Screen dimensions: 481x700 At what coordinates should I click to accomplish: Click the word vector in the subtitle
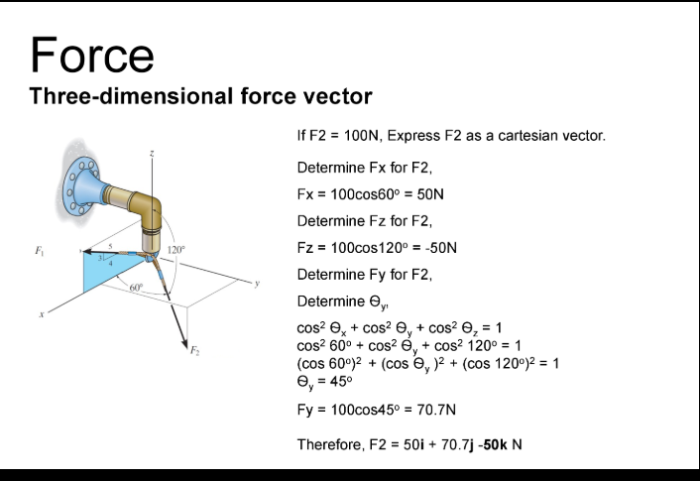pyautogui.click(x=337, y=96)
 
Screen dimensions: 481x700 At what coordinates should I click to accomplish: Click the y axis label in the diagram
pyautogui.click(x=256, y=283)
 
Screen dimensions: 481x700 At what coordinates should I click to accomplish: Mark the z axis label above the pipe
pyautogui.click(x=152, y=154)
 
